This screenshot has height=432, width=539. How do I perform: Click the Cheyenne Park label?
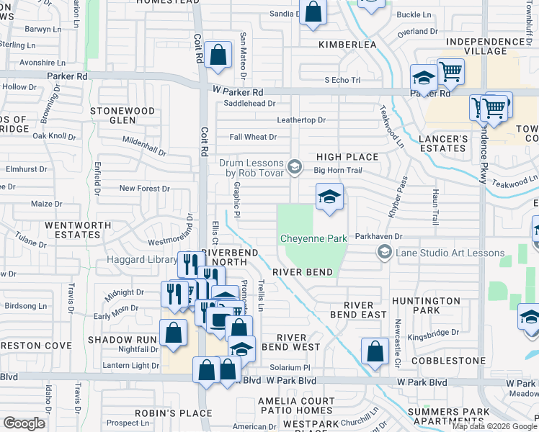click(x=313, y=238)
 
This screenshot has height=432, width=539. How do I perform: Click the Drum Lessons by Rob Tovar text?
click(x=251, y=168)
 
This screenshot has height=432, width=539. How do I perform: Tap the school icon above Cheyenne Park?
click(x=329, y=197)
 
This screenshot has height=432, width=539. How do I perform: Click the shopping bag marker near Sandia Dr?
click(x=313, y=12)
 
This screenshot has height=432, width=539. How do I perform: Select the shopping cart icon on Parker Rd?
click(x=450, y=71)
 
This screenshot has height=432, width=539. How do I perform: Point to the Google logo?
click(x=24, y=423)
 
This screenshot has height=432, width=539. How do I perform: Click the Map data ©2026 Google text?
click(x=494, y=426)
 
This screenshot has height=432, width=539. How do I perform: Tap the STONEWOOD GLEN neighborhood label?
click(x=122, y=116)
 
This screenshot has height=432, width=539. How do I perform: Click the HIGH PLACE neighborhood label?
click(x=347, y=157)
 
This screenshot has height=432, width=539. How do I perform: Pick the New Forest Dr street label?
click(x=144, y=189)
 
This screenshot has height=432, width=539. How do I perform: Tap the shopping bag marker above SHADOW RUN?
click(x=173, y=333)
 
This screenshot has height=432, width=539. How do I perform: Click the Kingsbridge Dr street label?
click(x=432, y=333)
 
